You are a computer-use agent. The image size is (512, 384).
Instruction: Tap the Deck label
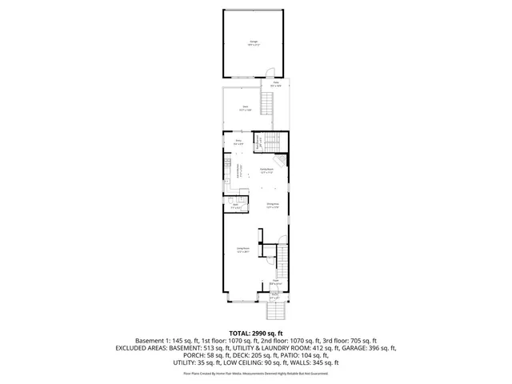pos(246,108)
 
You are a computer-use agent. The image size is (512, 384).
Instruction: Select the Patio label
pos(276,84)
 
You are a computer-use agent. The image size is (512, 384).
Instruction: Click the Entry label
pos(238,142)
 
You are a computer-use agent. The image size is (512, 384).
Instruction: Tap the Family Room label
pos(268,170)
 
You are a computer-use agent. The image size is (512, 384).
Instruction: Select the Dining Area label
pos(273,206)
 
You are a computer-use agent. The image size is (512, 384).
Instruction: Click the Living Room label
pos(242,251)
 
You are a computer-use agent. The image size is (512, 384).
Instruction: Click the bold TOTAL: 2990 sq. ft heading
pos(256,331)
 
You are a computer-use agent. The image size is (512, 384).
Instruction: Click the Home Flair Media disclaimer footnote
pos(256,373)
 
